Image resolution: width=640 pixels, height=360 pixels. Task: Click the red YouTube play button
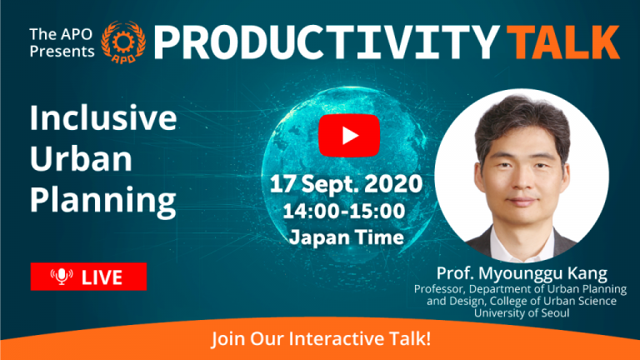pos(349,136)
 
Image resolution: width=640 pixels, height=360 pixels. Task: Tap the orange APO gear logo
pos(123,42)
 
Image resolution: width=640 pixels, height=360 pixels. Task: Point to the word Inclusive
pos(103,117)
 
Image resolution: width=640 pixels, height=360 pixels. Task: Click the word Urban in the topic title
pos(81,158)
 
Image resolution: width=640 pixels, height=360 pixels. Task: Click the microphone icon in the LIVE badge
pos(62,277)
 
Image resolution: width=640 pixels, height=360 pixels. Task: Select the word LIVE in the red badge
pos(102,277)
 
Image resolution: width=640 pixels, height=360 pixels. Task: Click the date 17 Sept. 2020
pos(346,183)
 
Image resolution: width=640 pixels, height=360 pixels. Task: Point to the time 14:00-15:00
pos(344,211)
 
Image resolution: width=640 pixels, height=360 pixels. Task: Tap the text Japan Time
pos(347,237)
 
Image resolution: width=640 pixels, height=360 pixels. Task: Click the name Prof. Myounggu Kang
pos(522,273)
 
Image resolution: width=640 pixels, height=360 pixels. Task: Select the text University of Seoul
pos(522,313)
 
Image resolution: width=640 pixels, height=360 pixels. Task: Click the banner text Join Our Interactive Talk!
pos(321,339)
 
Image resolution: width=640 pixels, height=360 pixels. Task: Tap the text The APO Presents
pos(62,42)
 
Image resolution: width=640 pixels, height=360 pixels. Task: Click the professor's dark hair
pos(522,118)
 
